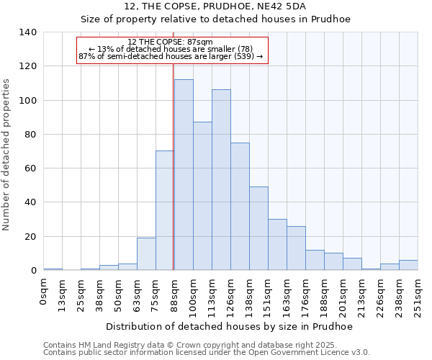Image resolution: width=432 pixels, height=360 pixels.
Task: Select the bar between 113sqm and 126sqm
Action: pyautogui.click(x=221, y=180)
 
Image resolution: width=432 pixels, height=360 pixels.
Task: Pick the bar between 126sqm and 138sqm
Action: pyautogui.click(x=240, y=206)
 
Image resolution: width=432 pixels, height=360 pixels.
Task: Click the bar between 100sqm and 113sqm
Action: pyautogui.click(x=202, y=196)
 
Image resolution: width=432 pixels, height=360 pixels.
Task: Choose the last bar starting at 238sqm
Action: pyautogui.click(x=408, y=265)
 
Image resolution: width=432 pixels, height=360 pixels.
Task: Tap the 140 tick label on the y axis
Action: pyautogui.click(x=28, y=32)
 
